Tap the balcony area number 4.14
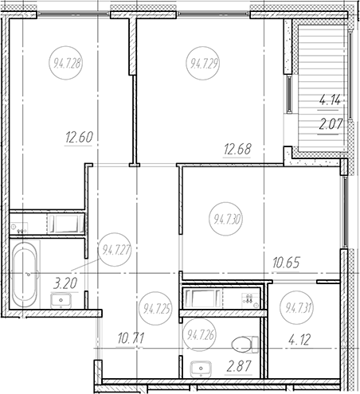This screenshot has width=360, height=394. (331, 100)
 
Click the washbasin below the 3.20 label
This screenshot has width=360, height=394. (60, 300)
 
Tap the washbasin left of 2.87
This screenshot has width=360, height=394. (199, 368)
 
